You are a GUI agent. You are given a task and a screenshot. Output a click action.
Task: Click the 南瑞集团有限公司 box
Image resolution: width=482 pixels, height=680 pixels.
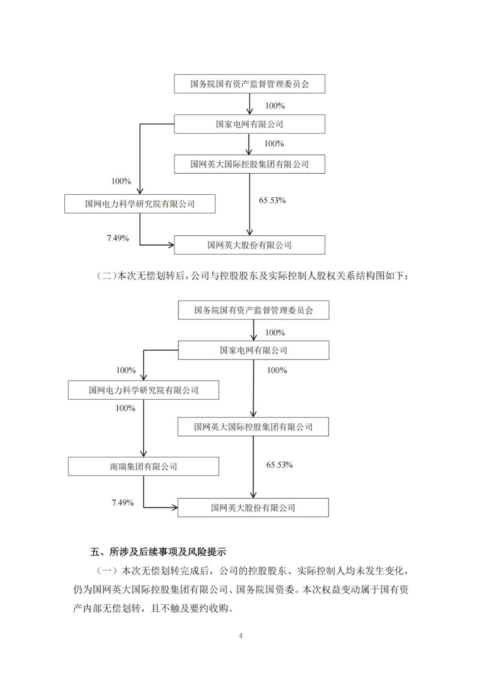[x=143, y=466]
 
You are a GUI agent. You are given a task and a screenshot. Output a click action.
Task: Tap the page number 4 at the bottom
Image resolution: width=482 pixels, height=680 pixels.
[x=241, y=636]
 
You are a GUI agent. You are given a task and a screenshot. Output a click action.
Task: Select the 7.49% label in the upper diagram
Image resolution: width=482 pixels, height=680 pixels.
[x=118, y=238]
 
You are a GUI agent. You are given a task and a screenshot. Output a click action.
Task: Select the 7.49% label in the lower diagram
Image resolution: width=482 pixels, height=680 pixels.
[x=123, y=503]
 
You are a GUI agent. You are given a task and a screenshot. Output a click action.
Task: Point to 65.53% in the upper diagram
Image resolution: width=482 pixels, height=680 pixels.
[x=272, y=201]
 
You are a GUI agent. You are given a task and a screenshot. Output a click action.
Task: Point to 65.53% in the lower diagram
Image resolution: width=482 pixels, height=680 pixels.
[x=279, y=465]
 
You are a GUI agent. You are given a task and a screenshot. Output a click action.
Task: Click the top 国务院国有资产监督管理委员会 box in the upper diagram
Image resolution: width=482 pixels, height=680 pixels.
[x=249, y=84]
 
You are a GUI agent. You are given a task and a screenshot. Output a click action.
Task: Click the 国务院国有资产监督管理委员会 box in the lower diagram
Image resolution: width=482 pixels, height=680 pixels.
[x=253, y=310]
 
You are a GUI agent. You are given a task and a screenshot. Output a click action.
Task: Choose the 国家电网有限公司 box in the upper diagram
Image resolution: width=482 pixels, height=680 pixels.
[x=249, y=124]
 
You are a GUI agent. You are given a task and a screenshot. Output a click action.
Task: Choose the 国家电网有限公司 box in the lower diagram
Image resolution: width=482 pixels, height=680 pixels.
[x=253, y=350]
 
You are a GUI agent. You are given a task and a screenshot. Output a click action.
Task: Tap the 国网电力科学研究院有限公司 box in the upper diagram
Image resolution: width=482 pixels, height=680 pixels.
[x=140, y=204]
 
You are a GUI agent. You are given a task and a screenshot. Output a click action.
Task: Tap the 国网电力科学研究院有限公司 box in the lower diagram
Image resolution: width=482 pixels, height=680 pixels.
[x=143, y=390]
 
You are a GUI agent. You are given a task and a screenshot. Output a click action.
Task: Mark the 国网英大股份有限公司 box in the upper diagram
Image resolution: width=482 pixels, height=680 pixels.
[x=249, y=245]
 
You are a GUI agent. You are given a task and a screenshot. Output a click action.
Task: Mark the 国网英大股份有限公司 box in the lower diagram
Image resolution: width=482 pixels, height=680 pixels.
[x=253, y=508]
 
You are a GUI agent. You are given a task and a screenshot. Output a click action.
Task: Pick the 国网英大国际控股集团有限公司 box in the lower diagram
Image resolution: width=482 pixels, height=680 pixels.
[x=253, y=427]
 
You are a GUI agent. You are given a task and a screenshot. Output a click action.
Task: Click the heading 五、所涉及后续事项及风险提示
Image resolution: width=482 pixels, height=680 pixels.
[x=158, y=552]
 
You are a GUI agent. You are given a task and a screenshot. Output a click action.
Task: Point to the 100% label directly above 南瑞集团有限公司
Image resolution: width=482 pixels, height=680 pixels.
[x=125, y=408]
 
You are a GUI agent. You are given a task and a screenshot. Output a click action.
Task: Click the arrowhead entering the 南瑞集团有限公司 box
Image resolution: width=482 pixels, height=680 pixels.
[x=144, y=454]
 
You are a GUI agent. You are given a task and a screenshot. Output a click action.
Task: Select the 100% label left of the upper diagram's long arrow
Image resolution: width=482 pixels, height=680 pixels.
[x=121, y=181]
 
